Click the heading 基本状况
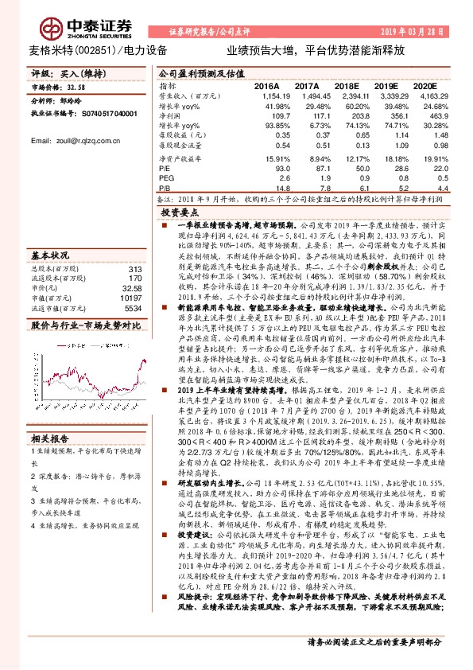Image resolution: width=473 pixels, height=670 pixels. pos(49,256)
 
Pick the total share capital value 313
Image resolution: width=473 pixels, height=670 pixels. pos(134,269)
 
